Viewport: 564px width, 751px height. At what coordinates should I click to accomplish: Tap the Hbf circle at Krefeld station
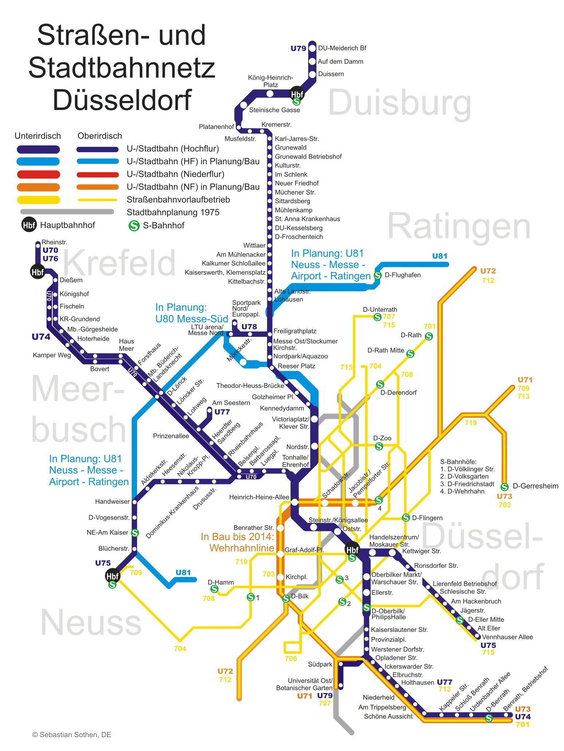click(37, 272)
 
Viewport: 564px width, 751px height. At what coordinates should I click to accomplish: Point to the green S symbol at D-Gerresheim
click(504, 487)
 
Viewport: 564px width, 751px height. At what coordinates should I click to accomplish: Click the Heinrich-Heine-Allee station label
click(259, 497)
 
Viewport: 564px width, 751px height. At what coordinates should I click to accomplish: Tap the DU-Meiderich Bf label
click(342, 48)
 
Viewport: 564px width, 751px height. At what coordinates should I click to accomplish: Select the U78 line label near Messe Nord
click(249, 327)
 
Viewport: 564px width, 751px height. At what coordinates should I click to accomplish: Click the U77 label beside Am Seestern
click(222, 412)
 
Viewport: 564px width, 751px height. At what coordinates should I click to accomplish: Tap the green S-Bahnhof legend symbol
click(134, 225)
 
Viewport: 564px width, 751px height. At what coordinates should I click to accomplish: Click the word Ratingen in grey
click(459, 227)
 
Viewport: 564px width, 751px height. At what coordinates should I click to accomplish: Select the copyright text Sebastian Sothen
click(72, 735)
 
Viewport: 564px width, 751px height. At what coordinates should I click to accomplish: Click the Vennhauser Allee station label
click(507, 637)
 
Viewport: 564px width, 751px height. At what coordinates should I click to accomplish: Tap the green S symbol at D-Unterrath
click(378, 317)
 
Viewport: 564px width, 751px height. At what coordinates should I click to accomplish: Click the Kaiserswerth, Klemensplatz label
click(225, 272)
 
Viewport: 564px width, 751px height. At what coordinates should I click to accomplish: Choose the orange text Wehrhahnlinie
click(241, 548)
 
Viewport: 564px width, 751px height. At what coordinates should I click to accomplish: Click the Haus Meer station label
click(126, 345)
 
